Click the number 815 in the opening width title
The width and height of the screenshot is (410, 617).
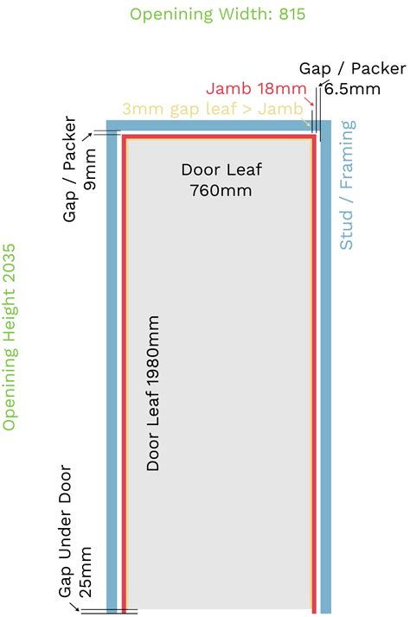(291, 14)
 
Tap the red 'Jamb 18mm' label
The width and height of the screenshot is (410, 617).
(256, 88)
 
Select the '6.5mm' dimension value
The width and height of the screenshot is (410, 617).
(353, 89)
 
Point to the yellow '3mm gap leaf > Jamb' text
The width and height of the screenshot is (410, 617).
(213, 109)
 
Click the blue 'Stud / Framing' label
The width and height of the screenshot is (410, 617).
(347, 185)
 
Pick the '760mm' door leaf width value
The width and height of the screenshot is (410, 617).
(221, 190)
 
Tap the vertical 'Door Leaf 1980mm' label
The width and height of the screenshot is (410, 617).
(153, 392)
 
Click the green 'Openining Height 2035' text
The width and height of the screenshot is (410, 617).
(9, 337)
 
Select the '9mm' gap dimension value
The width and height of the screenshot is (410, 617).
(90, 169)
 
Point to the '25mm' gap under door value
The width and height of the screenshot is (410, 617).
(86, 572)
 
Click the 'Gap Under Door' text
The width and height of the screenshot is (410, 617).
(66, 531)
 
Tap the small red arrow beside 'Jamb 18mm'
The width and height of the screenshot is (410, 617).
(310, 101)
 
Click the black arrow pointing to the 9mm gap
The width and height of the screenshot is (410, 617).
(87, 137)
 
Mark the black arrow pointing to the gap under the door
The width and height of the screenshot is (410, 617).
(74, 606)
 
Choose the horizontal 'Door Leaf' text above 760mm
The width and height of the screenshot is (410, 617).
(221, 170)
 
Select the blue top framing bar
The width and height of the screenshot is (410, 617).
(219, 125)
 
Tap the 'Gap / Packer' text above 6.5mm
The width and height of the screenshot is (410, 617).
(353, 69)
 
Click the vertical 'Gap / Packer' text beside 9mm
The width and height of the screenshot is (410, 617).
(69, 169)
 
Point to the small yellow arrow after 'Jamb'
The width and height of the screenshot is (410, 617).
(307, 123)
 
